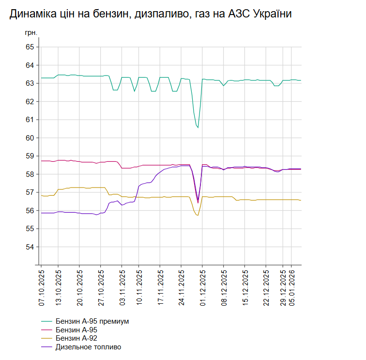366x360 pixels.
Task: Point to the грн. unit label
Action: coord(30,33)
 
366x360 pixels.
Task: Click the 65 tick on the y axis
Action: coord(30,47)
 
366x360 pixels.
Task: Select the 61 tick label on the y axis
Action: coord(30,120)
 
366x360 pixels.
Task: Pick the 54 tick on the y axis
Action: coord(30,247)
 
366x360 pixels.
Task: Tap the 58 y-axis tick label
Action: coord(30,174)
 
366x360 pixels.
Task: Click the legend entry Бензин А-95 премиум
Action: coord(92,321)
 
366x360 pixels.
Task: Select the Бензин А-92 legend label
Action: coord(80,338)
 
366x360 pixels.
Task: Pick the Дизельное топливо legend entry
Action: coord(88,347)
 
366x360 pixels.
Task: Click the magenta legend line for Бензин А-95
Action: coord(46,330)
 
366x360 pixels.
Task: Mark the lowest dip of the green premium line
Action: coord(198,127)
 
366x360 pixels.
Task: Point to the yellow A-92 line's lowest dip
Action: coord(198,215)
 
